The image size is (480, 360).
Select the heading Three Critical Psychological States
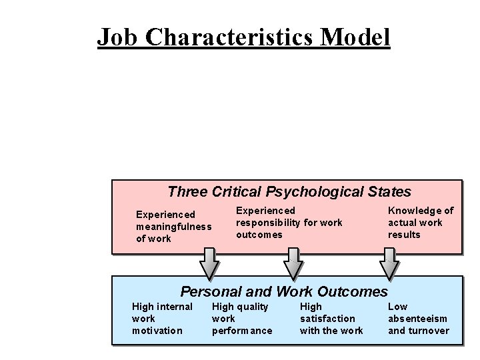coord(289,192)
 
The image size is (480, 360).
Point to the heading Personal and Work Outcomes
coord(284,291)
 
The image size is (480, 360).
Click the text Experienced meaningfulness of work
coord(173,227)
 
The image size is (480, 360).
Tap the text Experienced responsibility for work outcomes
coord(289,223)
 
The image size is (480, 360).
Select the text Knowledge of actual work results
coord(420,223)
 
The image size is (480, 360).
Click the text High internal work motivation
coord(162,319)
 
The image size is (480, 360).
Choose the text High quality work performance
coord(242,319)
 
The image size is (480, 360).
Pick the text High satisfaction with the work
coord(331,319)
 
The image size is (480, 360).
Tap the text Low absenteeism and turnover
coord(419,319)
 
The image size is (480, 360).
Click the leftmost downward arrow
coord(209,264)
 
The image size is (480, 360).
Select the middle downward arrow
coord(293,264)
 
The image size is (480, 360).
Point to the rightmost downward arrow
coord(389,264)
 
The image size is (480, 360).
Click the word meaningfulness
coord(173,227)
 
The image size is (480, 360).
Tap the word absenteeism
coord(417,319)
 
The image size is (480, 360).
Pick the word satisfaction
coord(327,319)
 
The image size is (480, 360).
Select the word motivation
coord(157,331)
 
